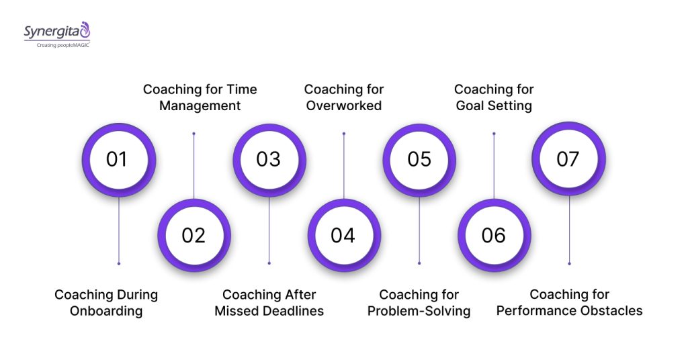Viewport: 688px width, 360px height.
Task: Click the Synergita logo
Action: tap(56, 31)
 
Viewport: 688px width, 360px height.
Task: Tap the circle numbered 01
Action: tap(118, 159)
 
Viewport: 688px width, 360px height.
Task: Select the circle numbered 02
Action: tap(193, 235)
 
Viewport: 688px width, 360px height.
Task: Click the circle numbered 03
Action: tap(269, 159)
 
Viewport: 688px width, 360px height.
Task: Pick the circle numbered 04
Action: tap(343, 235)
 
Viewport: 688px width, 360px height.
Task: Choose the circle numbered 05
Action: tap(419, 159)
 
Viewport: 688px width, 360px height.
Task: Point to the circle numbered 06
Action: tap(494, 235)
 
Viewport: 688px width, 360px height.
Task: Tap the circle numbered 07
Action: tap(568, 159)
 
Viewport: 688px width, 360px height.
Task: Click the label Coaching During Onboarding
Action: tap(106, 302)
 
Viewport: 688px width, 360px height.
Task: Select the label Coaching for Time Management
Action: tap(200, 97)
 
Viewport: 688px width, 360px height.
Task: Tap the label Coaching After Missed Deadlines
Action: tap(269, 302)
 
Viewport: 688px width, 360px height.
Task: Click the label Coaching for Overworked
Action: tap(343, 97)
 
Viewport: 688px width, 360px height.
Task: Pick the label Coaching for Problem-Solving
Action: tap(419, 302)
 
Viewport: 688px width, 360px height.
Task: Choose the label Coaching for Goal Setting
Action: tap(494, 97)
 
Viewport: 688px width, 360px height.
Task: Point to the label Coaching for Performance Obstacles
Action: tap(569, 302)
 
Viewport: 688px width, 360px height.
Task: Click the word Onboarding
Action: tap(106, 311)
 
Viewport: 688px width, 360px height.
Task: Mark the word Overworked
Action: tap(343, 105)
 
